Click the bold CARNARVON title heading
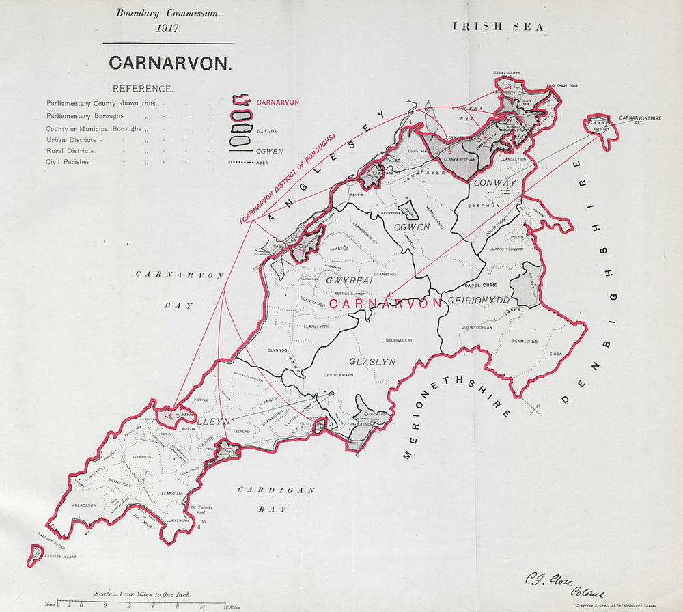pos(170,63)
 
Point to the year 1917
pos(167,28)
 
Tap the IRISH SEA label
pos(498,27)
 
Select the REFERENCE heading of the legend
pos(143,89)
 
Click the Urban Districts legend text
pos(71,140)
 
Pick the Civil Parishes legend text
pos(68,162)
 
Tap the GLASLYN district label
pos(372,362)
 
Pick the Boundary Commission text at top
pos(167,13)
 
